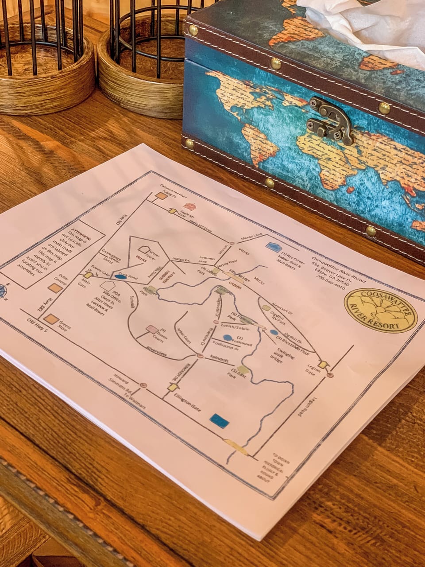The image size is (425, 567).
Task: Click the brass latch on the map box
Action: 331,120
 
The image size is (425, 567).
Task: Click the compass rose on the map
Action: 4,291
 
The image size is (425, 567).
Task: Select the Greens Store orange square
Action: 51,319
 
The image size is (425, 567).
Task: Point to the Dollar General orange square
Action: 55,288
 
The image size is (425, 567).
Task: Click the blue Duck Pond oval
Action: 120,277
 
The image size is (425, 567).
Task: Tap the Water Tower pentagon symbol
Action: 143,250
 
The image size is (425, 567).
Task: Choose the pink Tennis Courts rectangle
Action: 151,329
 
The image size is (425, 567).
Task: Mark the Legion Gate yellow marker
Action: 324,365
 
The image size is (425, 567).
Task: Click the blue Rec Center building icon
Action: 273,247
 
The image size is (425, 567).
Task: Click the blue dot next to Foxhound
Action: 227,338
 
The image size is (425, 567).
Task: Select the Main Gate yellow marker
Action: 88,275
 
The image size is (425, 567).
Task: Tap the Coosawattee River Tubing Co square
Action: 161,195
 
